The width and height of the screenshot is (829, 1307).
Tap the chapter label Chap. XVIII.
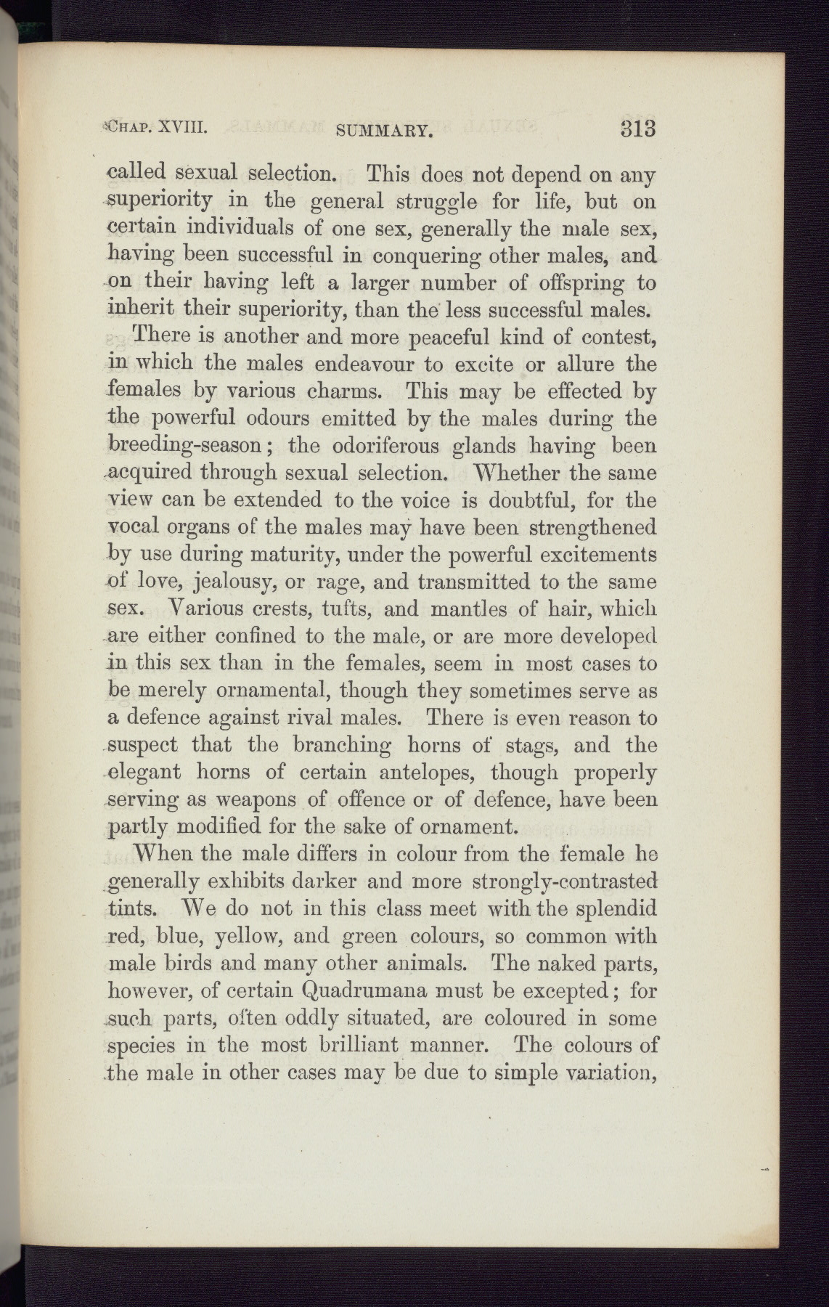(161, 128)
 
